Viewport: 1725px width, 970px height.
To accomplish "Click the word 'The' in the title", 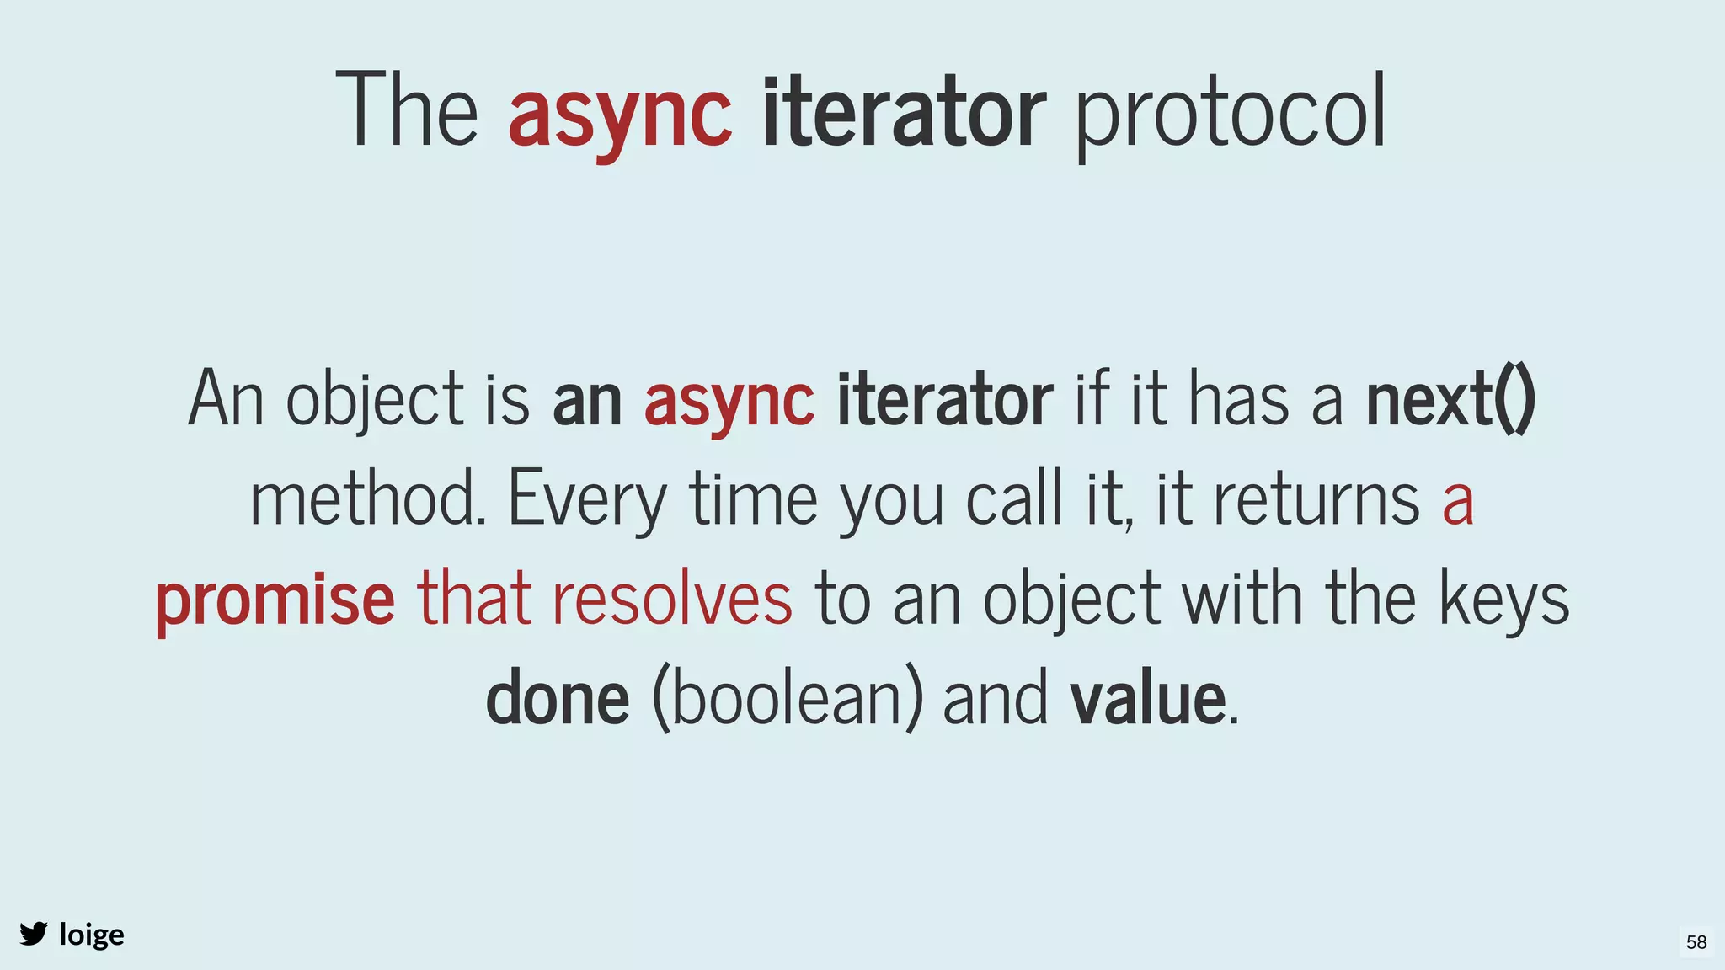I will pos(407,110).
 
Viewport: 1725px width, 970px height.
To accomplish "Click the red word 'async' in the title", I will pos(620,114).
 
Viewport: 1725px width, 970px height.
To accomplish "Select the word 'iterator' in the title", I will pos(904,110).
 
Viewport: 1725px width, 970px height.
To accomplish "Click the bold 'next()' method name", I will pos(1450,399).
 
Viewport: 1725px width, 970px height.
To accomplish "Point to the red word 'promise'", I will pos(275,600).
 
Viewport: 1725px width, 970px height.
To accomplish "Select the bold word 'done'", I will pos(558,698).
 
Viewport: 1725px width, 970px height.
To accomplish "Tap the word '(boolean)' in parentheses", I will pos(787,698).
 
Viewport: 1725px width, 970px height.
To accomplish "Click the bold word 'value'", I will pos(1147,698).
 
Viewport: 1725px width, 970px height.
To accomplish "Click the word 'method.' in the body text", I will pos(368,498).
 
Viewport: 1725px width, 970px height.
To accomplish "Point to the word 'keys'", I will pos(1503,600).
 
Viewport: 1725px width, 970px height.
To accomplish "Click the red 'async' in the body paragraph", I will pos(729,401).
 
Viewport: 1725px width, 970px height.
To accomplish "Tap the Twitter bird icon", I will pos(34,934).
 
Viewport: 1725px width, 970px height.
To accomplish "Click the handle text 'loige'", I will pos(92,935).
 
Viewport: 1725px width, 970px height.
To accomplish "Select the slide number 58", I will pos(1696,942).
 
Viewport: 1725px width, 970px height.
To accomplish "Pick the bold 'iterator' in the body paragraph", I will pos(944,399).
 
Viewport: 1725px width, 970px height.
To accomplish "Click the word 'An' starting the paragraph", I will pos(225,399).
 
